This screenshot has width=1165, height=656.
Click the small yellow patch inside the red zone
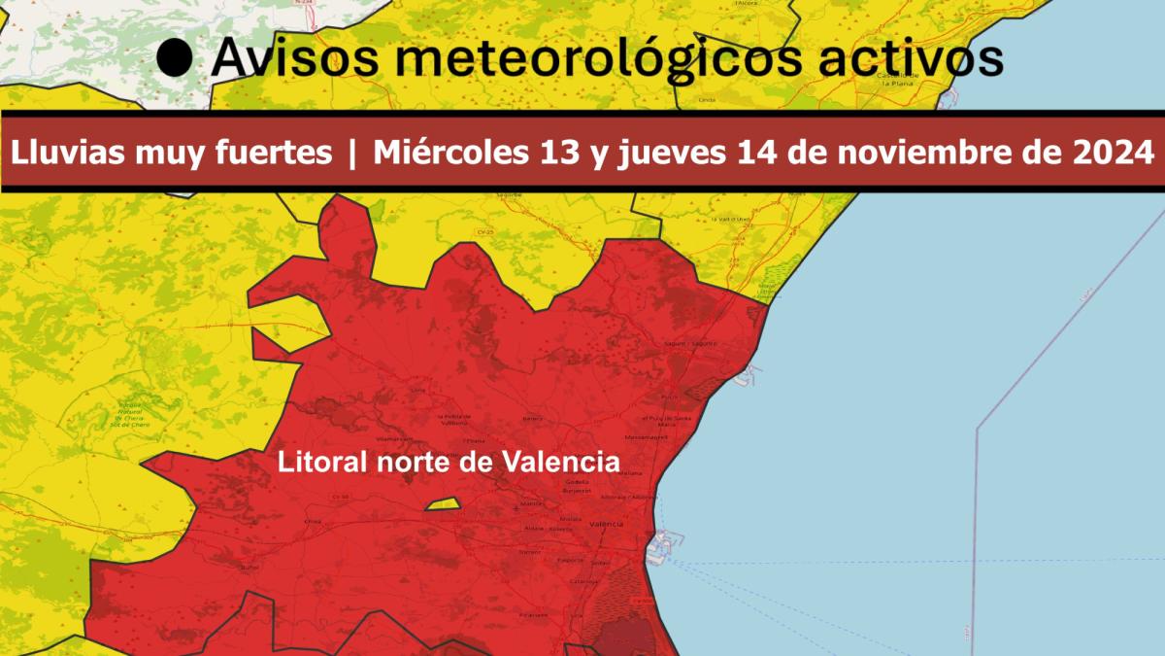coord(442,504)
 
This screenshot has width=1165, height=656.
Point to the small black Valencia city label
coord(606,525)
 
